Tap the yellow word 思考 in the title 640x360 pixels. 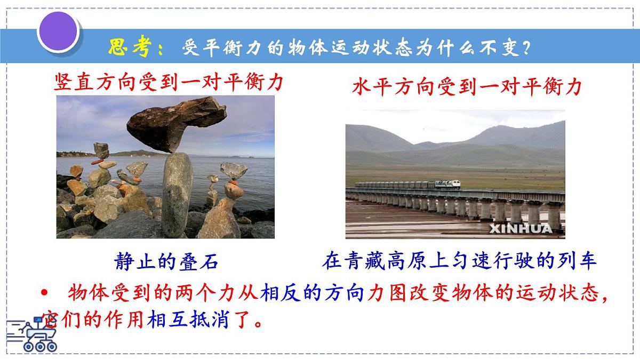point(127,47)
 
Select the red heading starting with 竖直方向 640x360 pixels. point(169,83)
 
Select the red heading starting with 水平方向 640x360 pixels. point(466,87)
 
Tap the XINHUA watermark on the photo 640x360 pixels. point(521,229)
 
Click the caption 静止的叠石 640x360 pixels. point(166,262)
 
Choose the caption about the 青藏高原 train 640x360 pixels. point(459,262)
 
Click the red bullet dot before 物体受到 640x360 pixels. point(45,294)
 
